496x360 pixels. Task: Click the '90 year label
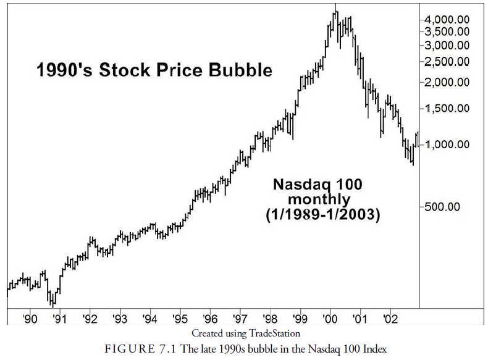30,319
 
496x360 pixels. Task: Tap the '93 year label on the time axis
120,319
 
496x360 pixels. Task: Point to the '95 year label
180,319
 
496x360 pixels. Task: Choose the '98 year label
270,319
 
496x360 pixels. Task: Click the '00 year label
330,319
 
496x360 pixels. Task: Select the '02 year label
390,319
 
